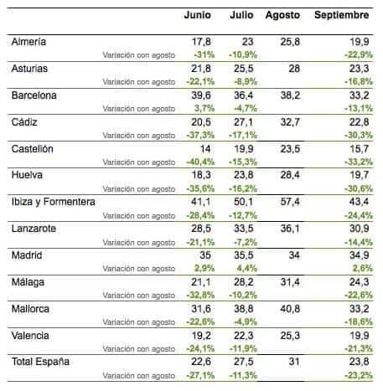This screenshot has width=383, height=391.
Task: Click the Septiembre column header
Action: click(341, 15)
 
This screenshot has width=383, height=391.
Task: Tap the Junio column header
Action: click(198, 15)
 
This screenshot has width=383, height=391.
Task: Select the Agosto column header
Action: click(282, 15)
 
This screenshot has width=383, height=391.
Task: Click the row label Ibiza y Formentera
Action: click(54, 202)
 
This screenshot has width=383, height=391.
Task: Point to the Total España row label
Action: click(40, 362)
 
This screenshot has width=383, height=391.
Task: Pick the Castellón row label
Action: click(33, 149)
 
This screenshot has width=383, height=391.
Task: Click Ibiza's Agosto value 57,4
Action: click(290, 202)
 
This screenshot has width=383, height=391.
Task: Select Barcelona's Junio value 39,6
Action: click(201, 95)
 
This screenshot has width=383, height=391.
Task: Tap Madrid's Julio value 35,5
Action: click(244, 255)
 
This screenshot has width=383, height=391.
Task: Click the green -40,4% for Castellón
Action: click(200, 162)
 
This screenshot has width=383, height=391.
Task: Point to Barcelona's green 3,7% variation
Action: click(204, 108)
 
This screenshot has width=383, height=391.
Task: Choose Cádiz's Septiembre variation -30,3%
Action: click(359, 135)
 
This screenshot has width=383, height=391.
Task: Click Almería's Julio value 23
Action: click(248, 42)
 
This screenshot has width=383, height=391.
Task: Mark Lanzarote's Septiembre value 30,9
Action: click(360, 229)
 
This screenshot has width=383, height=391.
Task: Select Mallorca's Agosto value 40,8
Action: click(290, 309)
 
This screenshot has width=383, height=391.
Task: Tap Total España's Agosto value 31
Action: click(294, 362)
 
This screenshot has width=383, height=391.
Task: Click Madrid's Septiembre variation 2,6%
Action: click(363, 268)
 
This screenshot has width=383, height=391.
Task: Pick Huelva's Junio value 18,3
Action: click(201, 175)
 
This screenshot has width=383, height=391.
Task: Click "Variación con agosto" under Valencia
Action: click(139, 349)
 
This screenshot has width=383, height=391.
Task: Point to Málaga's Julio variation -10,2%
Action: click(243, 295)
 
